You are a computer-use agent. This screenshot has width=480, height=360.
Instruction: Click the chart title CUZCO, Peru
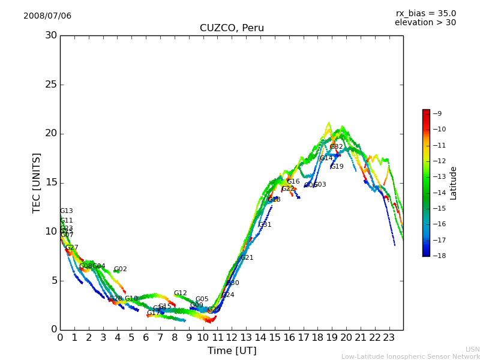click(232, 28)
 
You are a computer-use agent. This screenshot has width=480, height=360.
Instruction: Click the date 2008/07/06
click(47, 16)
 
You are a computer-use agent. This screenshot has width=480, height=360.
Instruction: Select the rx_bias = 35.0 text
click(425, 14)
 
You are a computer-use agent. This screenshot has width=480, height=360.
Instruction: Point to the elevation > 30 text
click(425, 23)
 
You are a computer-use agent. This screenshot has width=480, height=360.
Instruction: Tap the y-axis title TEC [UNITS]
click(37, 182)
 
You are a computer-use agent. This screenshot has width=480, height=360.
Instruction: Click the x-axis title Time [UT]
click(232, 351)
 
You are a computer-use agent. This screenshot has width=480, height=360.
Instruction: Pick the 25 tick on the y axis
click(51, 85)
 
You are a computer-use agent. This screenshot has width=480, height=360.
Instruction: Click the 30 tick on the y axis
click(51, 35)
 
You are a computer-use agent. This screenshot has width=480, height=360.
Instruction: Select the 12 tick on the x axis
click(232, 338)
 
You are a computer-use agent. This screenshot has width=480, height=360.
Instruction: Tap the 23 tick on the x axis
click(389, 338)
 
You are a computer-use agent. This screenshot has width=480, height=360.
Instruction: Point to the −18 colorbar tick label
click(439, 256)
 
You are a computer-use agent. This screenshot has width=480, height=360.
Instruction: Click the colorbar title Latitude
click(454, 183)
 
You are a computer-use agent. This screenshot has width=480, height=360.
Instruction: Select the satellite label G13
click(67, 211)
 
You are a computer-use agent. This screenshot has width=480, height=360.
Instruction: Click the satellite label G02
click(121, 269)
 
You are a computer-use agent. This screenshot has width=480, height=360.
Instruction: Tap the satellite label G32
click(337, 147)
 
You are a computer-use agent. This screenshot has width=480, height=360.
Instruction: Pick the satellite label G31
click(265, 225)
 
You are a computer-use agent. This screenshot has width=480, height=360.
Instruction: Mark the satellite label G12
click(181, 293)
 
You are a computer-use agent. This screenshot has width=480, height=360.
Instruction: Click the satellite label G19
click(337, 167)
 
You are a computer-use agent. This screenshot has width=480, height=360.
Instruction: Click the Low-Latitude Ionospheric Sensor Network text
click(410, 357)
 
